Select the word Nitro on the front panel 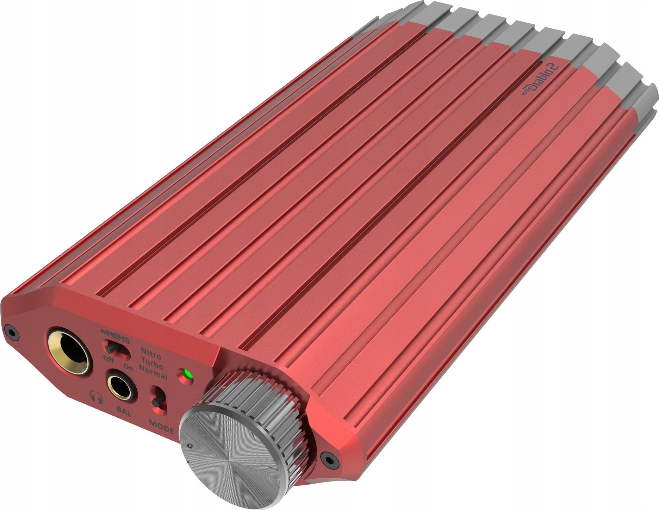(151, 352)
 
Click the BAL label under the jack (124, 411)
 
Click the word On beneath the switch (129, 368)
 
